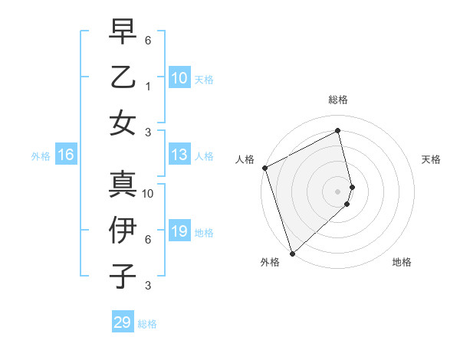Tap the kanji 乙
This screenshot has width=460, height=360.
coord(123,79)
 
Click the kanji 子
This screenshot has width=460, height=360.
coord(123,276)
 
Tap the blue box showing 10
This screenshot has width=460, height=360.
coord(179,77)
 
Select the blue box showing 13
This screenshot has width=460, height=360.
coord(179,155)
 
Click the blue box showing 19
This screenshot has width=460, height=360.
coord(179,231)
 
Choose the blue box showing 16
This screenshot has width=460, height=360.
coord(66,155)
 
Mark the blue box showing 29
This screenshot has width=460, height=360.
coord(123,322)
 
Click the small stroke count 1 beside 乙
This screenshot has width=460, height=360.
coord(148,87)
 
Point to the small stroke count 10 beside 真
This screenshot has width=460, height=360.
coord(149,193)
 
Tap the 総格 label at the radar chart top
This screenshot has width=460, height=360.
coord(338,100)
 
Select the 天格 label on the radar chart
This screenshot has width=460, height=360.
coord(432,160)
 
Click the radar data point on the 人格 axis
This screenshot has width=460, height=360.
coord(264,168)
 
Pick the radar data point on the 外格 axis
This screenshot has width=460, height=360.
coord(292,253)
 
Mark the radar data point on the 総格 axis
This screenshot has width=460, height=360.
coord(338,130)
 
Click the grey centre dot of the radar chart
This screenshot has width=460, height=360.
coord(338,191)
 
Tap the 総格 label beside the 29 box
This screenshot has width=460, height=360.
coord(147,324)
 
